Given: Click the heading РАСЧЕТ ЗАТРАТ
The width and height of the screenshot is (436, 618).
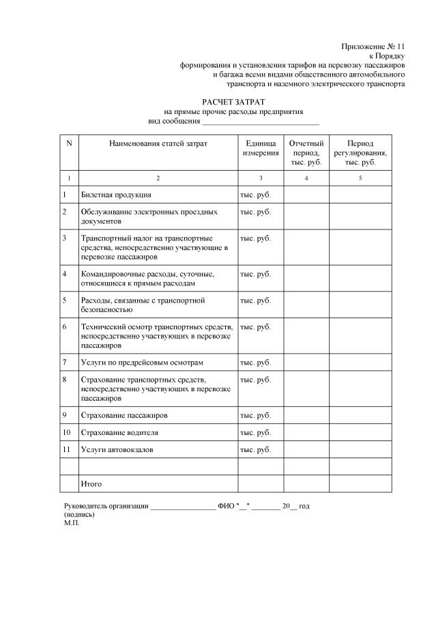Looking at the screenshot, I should (233, 101).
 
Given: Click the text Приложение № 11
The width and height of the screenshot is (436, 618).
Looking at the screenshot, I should (373, 46).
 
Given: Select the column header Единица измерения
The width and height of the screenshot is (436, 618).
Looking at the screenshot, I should (260, 149).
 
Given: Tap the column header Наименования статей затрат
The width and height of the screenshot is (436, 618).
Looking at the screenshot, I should (158, 144).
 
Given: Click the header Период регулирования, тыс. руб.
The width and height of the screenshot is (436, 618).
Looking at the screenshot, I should (360, 153).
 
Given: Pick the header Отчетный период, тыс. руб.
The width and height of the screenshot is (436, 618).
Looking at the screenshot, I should (306, 153).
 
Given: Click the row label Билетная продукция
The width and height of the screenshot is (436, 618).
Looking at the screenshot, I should (116, 195).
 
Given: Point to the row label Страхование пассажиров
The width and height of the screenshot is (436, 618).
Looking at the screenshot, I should (124, 415).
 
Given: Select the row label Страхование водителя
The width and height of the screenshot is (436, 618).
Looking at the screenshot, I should (119, 432).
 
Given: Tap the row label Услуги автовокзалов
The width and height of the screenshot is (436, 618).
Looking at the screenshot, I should (117, 449).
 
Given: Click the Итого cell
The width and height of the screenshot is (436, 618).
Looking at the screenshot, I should (91, 483).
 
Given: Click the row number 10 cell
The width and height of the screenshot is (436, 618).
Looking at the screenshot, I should (67, 432).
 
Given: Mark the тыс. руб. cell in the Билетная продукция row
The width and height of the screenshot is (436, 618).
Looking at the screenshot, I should (255, 195).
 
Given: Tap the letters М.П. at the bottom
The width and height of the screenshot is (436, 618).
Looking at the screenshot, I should (72, 522).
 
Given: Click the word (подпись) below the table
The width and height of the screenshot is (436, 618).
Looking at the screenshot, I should (79, 514).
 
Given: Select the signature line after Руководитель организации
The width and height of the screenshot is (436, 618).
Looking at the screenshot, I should (182, 507).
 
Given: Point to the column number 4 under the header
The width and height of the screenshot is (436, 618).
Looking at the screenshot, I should (306, 178).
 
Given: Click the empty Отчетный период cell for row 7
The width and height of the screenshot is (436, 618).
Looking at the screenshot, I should (306, 362).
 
